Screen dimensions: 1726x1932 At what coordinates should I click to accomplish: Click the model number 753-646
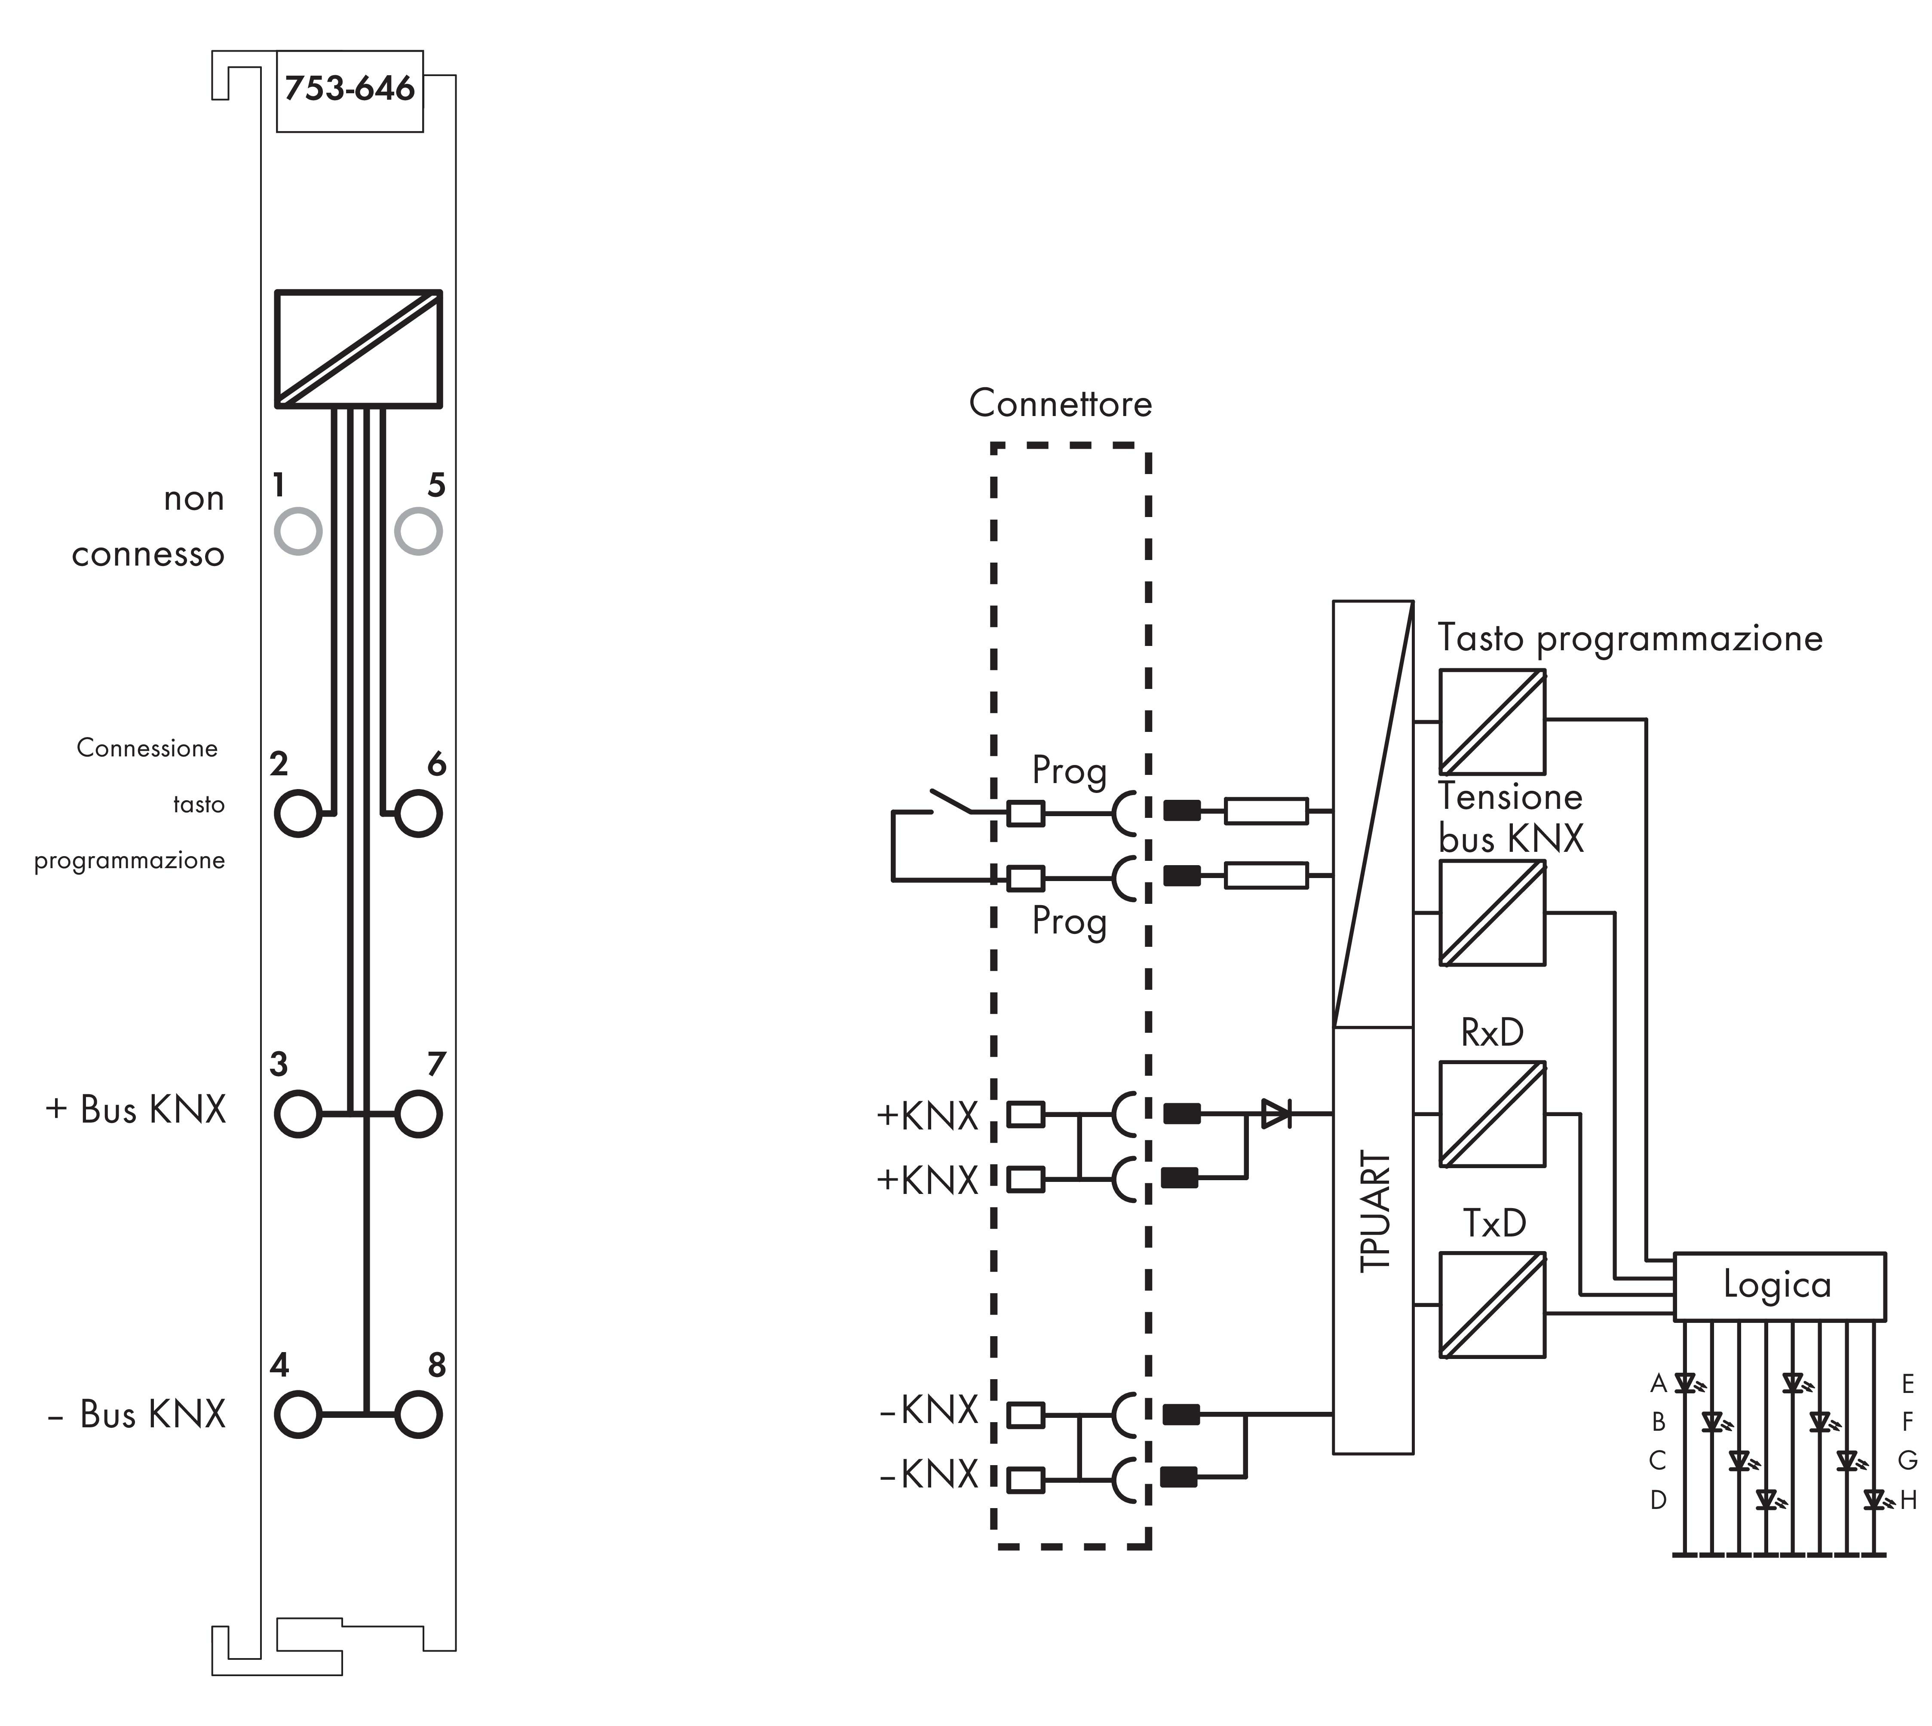[x=349, y=89]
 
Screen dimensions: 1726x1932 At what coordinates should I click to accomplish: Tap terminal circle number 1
[x=298, y=531]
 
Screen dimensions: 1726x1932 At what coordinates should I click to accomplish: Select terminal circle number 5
[x=418, y=531]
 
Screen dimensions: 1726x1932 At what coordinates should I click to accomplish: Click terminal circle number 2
[x=298, y=813]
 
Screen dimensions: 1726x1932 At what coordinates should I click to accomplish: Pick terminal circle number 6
[x=418, y=813]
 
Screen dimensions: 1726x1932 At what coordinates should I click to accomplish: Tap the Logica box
[x=1779, y=1286]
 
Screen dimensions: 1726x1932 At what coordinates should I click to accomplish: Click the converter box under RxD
[x=1492, y=1114]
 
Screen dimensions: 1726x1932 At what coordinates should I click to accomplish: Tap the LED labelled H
[x=1873, y=1500]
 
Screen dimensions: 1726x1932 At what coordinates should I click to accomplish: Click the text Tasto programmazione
[x=1629, y=638]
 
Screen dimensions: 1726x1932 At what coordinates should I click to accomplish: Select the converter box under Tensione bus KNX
[x=1492, y=913]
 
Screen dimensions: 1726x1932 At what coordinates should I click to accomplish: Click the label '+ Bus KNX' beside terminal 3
[x=135, y=1110]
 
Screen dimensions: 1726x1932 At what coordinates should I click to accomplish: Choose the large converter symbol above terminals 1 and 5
[x=359, y=349]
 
